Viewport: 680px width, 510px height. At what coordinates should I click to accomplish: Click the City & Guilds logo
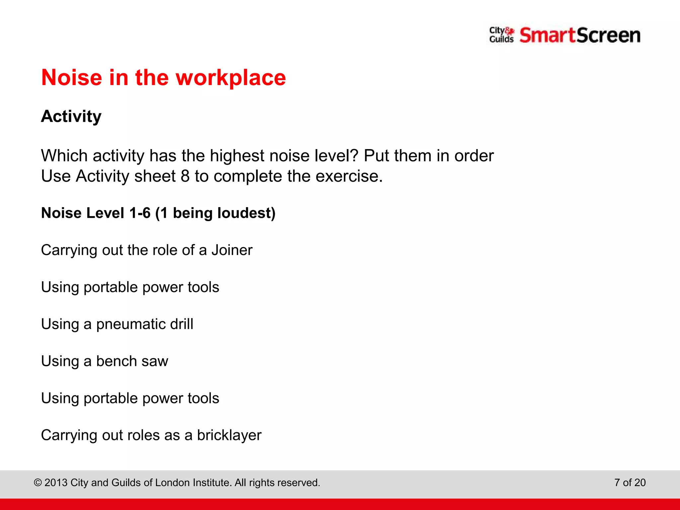(501, 35)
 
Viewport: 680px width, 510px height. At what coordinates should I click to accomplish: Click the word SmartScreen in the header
(580, 35)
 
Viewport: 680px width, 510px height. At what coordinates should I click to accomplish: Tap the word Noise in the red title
(71, 78)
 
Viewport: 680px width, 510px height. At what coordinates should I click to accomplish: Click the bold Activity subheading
(71, 117)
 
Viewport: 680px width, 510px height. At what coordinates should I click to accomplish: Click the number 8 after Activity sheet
(185, 176)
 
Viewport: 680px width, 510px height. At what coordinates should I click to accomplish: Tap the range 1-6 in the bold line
(140, 213)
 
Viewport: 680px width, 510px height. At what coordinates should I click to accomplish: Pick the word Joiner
(232, 250)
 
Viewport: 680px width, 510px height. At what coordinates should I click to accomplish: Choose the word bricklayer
(229, 435)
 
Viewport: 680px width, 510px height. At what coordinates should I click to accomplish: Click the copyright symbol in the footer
(38, 482)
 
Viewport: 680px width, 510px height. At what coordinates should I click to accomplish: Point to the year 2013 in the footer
(56, 482)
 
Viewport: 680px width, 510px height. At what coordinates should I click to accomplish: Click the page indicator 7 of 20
(630, 482)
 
